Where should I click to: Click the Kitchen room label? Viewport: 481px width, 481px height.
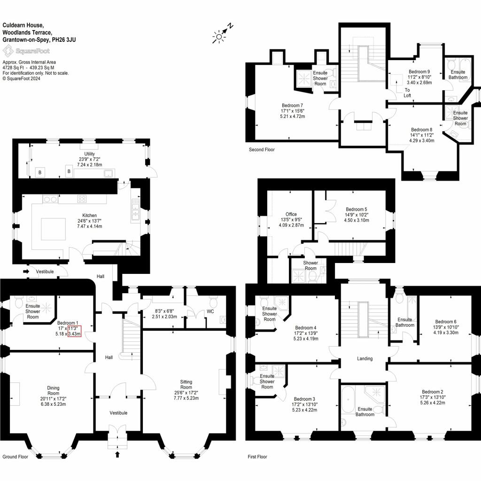point(90,216)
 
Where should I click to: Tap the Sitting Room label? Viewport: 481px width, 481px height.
point(186,384)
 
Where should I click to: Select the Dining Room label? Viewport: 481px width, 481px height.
point(53,390)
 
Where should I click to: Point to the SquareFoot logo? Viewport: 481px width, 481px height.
point(26,51)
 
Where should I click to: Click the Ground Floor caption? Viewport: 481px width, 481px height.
point(16,457)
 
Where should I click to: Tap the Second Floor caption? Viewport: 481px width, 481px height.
point(262,150)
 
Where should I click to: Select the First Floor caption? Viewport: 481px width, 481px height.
point(257,457)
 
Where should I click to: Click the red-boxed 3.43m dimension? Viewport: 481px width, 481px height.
point(75,334)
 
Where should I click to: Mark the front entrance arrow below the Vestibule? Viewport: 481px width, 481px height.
point(117,454)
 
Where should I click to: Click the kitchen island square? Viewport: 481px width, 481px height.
point(54,229)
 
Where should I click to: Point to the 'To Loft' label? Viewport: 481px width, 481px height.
point(407,93)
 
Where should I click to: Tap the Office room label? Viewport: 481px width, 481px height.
point(291,214)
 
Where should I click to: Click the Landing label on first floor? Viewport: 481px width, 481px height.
point(365,358)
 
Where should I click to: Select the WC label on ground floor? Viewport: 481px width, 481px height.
point(210,311)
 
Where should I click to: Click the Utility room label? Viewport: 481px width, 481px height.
point(90,154)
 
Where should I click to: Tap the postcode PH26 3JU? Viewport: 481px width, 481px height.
point(64,39)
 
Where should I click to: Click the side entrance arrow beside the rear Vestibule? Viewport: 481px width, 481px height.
point(26,272)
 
